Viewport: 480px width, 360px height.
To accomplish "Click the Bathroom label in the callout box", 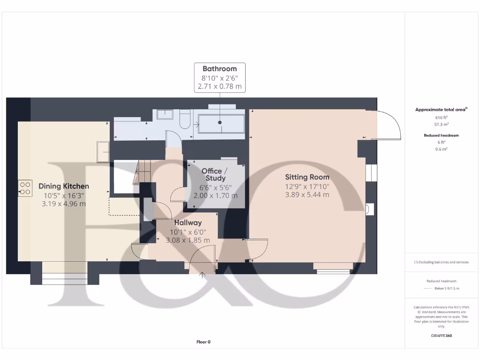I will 219,68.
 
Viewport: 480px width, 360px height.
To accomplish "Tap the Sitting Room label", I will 307,177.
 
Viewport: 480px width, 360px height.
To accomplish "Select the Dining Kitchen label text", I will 64,186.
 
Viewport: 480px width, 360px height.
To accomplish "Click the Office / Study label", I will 215,174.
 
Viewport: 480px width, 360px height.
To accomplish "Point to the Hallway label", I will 188,223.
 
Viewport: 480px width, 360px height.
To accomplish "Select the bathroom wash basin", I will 165,114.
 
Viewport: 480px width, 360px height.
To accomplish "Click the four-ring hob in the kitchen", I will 25,188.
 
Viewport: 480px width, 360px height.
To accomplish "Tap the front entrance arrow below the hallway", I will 203,275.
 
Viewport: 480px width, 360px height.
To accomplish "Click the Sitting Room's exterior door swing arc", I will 389,123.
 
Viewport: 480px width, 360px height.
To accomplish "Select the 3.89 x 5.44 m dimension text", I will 307,195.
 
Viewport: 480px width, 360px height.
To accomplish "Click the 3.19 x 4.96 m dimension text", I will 64,204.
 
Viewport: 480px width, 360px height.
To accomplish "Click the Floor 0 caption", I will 203,342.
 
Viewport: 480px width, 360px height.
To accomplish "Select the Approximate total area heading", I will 441,110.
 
